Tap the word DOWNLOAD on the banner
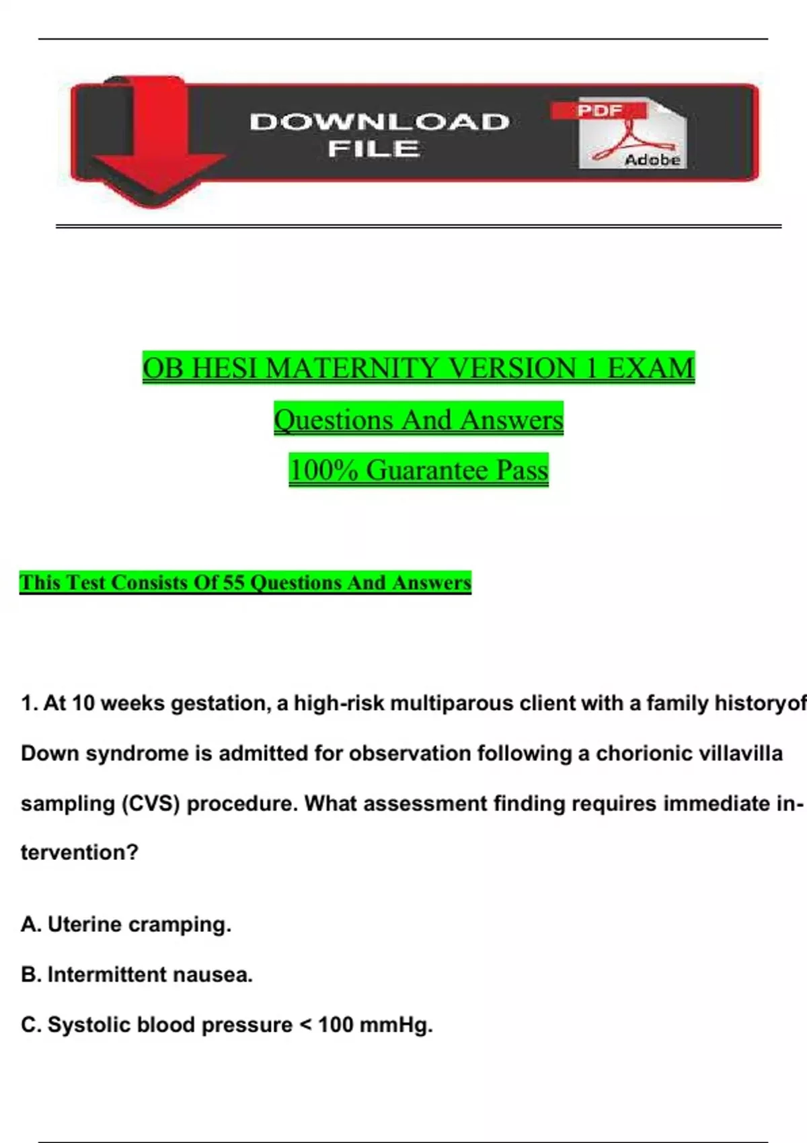(379, 122)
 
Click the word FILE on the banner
(374, 149)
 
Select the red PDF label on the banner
(599, 110)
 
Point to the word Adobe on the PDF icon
(652, 160)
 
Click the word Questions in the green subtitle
(334, 420)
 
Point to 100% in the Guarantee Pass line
(323, 469)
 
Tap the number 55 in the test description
(233, 582)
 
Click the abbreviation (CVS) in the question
(151, 803)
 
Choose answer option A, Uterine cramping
(126, 924)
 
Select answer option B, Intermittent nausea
(137, 974)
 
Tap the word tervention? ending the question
(79, 853)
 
